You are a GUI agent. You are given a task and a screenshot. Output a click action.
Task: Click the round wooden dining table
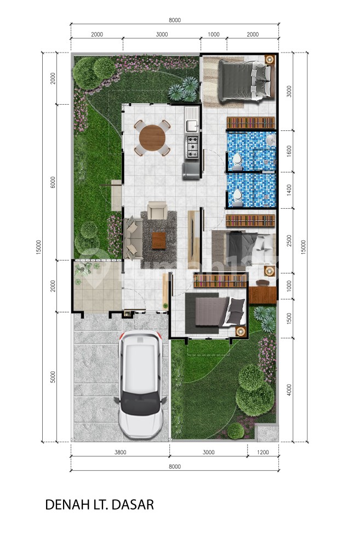click(x=152, y=138)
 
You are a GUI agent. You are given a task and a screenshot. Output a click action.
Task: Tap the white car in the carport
click(x=141, y=385)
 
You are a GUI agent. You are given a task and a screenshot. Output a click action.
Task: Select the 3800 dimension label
click(x=120, y=452)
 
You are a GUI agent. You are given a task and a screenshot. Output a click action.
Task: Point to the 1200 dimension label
click(x=262, y=452)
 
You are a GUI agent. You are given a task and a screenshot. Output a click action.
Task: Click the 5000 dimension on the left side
click(x=53, y=377)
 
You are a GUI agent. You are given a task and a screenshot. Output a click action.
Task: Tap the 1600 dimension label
click(x=289, y=151)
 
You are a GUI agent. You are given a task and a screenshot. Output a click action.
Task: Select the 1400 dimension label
click(x=289, y=190)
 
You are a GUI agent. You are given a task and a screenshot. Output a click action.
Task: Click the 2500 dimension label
click(x=289, y=241)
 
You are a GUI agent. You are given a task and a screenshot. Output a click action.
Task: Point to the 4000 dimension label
click(x=289, y=390)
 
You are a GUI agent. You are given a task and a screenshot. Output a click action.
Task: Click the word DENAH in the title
click(x=65, y=505)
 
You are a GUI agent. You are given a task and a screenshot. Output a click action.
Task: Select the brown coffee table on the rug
click(x=159, y=240)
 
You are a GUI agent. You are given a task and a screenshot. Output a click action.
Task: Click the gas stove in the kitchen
click(x=192, y=147)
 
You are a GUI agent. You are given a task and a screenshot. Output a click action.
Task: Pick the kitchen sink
click(x=192, y=119)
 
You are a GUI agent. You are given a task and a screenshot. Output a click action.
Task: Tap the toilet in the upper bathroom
click(x=237, y=161)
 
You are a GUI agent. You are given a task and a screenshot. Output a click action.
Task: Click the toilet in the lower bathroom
click(x=237, y=198)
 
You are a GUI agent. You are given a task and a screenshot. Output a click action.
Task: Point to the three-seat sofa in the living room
click(x=133, y=238)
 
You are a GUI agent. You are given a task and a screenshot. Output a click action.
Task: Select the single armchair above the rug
click(x=158, y=210)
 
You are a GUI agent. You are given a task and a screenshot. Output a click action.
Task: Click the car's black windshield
click(x=141, y=402)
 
